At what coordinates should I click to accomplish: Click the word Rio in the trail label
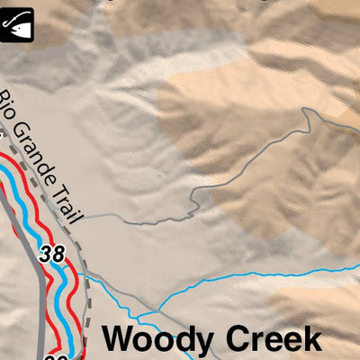pos(13,106)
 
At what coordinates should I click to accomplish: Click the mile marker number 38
pos(52,254)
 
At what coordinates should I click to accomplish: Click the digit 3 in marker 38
pos(46,254)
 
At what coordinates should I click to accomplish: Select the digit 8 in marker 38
pos(58,254)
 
